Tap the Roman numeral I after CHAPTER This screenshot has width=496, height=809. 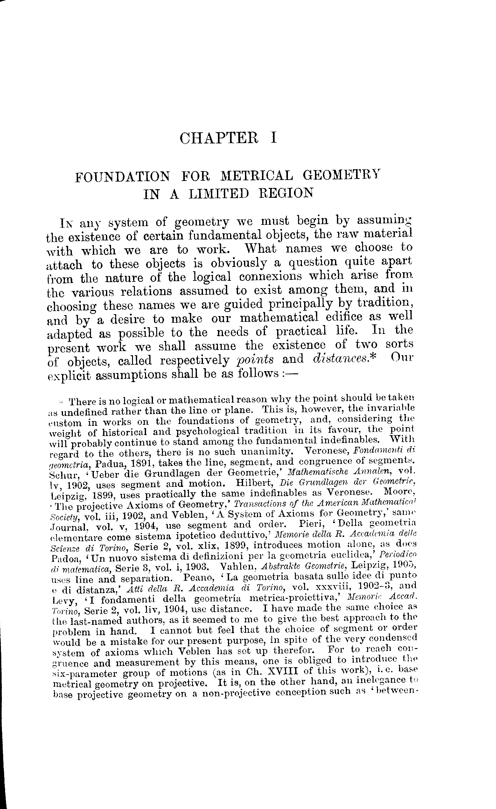pyautogui.click(x=274, y=138)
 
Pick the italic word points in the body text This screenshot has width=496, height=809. pyautogui.click(x=255, y=359)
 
